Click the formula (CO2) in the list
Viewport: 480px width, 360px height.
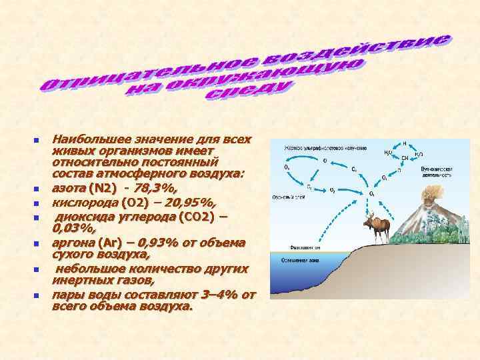(x=193, y=217)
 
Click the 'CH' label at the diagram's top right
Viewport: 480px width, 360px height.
(x=405, y=158)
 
